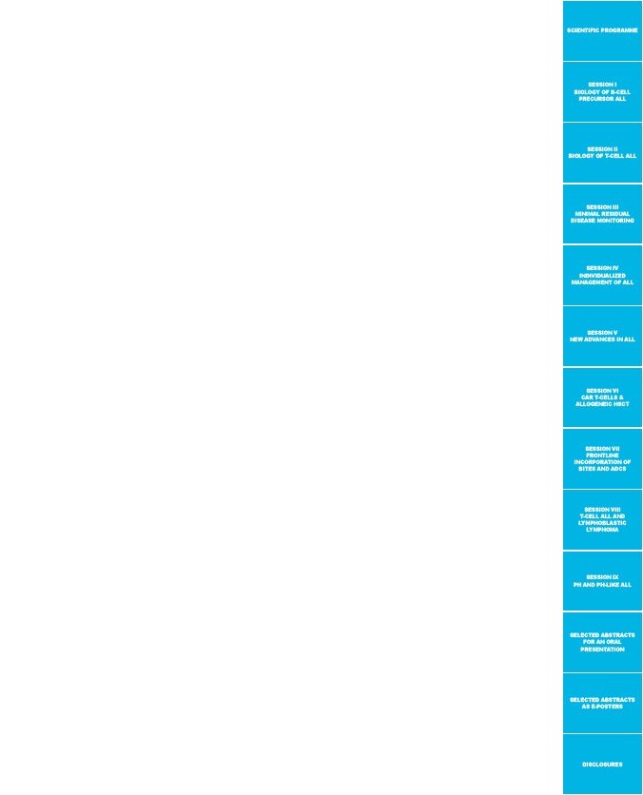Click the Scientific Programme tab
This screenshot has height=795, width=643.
click(602, 30)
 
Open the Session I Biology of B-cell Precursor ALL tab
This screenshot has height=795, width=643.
click(602, 92)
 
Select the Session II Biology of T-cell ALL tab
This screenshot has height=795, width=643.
click(602, 152)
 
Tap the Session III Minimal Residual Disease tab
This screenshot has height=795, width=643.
click(602, 214)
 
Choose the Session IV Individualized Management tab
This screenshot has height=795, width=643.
click(602, 276)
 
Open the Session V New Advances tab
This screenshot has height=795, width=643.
click(602, 336)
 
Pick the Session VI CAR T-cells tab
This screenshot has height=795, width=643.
click(602, 397)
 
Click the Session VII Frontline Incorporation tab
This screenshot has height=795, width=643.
click(602, 459)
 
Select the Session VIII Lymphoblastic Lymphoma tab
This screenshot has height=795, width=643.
click(602, 519)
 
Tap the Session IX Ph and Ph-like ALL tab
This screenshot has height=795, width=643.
click(602, 581)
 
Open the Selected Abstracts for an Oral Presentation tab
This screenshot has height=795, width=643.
click(602, 643)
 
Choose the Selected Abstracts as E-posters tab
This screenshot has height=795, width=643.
click(602, 703)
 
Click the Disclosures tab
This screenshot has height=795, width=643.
click(602, 764)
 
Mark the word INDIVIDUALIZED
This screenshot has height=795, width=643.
click(602, 276)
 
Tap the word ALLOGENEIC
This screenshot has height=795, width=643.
click(592, 404)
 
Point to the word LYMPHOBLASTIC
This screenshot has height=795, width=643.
click(602, 523)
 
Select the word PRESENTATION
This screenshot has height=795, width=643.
click(602, 649)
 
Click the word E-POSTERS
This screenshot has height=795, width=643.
click(607, 707)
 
